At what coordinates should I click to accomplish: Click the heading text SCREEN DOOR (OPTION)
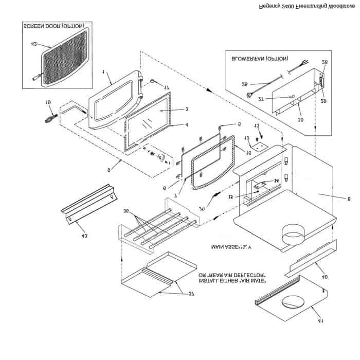pyautogui.click(x=53, y=26)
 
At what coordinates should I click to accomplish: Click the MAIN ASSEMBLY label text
pyautogui.click(x=233, y=247)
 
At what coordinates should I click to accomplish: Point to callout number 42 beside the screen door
pyautogui.click(x=34, y=45)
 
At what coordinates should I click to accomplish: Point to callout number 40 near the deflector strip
pyautogui.click(x=324, y=276)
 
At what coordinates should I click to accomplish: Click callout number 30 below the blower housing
pyautogui.click(x=300, y=119)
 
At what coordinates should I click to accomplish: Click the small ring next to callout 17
pyautogui.click(x=153, y=79)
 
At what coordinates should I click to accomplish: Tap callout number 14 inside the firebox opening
pyautogui.click(x=276, y=180)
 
